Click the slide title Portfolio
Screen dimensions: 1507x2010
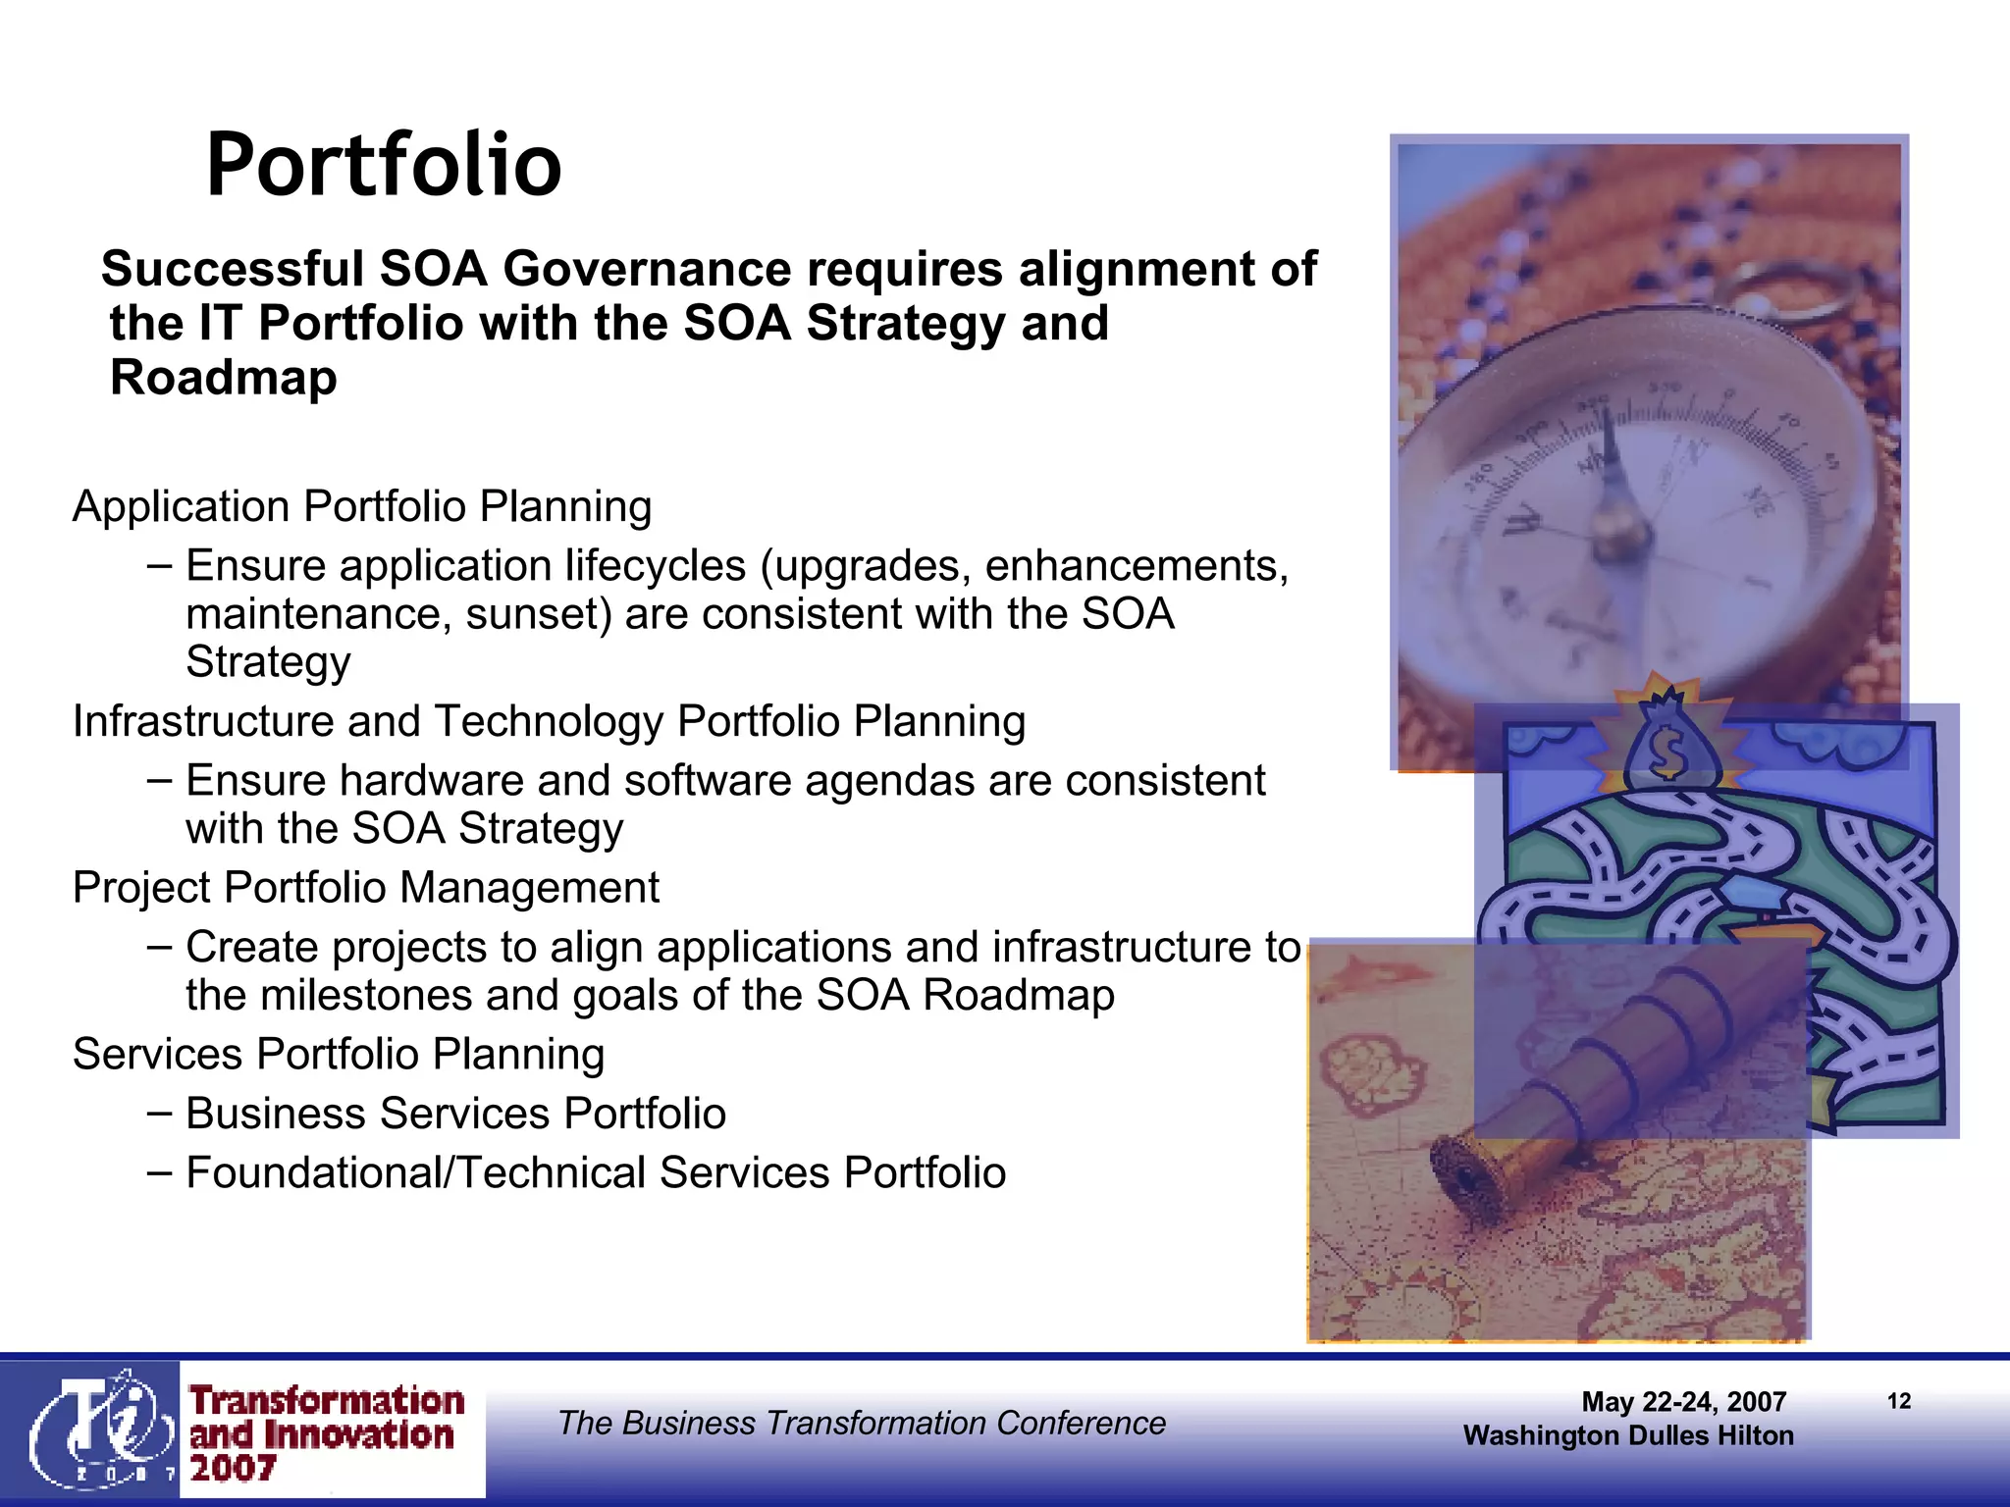(384, 165)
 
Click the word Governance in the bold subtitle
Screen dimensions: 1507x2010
(647, 269)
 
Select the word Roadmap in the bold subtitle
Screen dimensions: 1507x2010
(224, 378)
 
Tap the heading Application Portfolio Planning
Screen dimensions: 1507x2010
(362, 507)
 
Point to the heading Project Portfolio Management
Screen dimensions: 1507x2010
(366, 888)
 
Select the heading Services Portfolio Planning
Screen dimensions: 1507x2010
(339, 1055)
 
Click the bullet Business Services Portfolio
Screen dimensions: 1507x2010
(455, 1114)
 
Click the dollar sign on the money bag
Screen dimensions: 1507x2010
(1666, 751)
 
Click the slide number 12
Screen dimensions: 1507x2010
(1898, 1401)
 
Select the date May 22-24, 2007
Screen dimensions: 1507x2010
(1683, 1402)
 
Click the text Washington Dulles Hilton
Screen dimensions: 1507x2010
(1628, 1435)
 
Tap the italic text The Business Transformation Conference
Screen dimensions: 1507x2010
(861, 1423)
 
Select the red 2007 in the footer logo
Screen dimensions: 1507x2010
(233, 1469)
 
